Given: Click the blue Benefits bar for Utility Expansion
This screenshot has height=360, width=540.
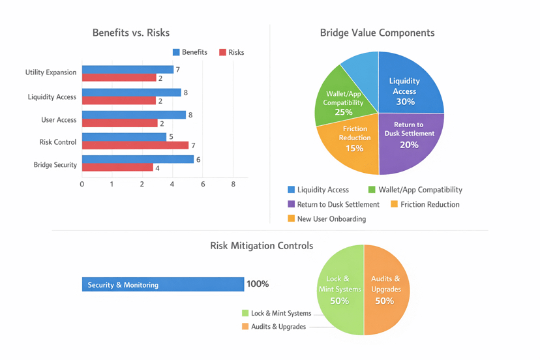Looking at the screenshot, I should [x=127, y=70].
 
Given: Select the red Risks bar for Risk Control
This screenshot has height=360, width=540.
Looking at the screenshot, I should [x=134, y=145].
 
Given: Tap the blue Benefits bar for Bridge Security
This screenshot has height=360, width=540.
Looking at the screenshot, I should [x=137, y=160].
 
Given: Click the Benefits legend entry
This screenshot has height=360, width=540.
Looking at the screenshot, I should [x=190, y=52].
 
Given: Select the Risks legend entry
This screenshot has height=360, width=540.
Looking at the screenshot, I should [x=232, y=52].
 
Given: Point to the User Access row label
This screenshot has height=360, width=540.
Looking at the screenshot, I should [x=59, y=120].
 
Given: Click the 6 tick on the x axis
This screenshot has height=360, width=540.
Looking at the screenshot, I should [x=203, y=185].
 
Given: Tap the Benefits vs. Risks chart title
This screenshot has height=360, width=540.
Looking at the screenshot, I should [x=131, y=33].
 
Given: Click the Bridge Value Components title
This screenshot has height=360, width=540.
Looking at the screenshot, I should [x=377, y=33].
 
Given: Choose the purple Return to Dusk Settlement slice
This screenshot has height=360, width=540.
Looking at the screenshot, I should [x=410, y=140].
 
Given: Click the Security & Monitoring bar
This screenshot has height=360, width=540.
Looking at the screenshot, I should [x=162, y=284].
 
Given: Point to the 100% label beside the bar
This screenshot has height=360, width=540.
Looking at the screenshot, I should [x=258, y=284].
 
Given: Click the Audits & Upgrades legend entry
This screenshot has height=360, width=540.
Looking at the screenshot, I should [x=273, y=327].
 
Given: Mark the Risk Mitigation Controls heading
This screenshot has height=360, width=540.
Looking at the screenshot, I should [x=262, y=246].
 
